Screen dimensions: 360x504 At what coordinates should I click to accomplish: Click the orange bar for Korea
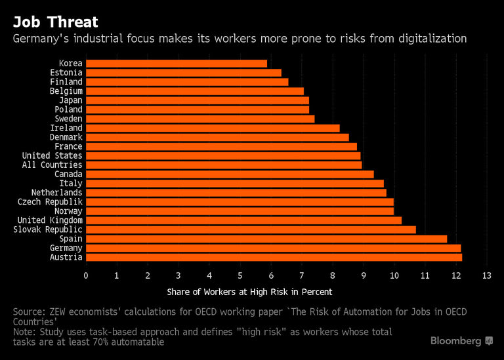click(x=176, y=64)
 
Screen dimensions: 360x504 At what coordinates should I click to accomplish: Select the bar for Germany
click(x=273, y=249)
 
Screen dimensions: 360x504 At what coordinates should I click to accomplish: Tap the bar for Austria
click(x=274, y=258)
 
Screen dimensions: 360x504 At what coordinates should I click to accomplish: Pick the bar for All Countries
click(x=224, y=165)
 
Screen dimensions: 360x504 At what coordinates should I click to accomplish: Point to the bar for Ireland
click(x=213, y=128)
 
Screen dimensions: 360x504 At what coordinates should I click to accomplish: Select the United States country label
click(x=52, y=156)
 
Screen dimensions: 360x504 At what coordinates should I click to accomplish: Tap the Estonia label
click(x=66, y=73)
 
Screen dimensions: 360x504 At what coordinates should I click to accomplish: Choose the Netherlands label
click(x=57, y=193)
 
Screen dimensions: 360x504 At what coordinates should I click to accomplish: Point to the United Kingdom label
click(x=50, y=220)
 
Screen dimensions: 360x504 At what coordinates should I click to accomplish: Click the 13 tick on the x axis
click(x=486, y=275)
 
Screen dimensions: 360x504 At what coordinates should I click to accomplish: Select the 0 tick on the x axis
click(x=86, y=275)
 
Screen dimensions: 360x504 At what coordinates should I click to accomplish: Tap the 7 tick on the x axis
click(x=302, y=275)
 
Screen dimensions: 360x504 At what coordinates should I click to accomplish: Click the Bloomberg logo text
click(x=456, y=341)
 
